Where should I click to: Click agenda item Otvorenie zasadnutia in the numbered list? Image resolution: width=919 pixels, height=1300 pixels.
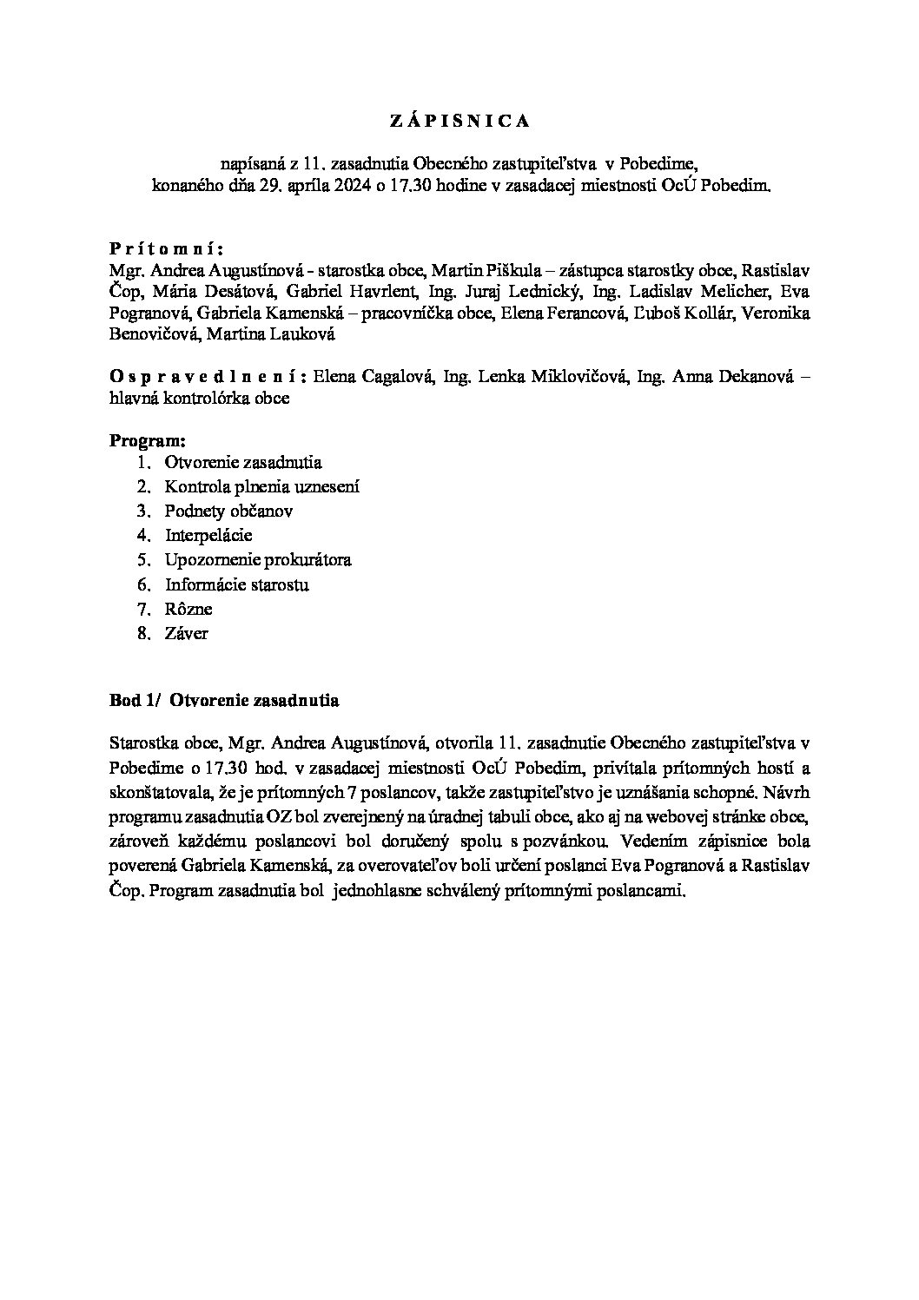243,463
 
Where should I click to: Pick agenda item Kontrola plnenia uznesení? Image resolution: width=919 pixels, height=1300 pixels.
261,487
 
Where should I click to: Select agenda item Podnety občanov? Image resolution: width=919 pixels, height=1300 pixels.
228,511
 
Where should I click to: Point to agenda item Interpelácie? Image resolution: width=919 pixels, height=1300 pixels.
208,536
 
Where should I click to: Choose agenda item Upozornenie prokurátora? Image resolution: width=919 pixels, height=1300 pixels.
258,560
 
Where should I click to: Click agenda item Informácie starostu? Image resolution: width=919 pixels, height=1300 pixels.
236,584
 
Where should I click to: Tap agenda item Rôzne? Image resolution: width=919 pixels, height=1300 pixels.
188,609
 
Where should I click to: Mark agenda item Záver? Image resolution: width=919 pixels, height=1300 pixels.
186,633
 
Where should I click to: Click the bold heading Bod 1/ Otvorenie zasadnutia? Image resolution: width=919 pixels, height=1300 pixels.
224,699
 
